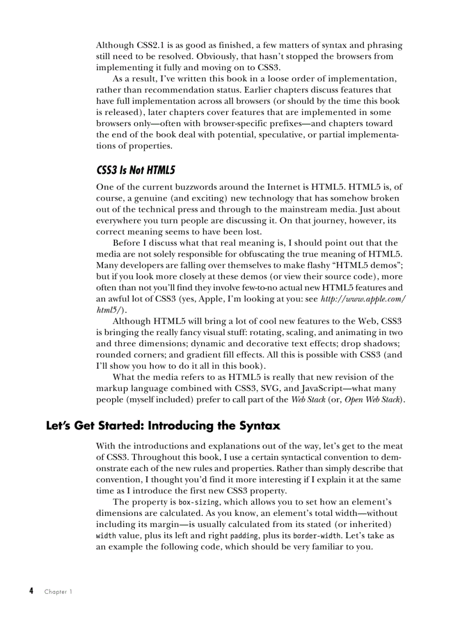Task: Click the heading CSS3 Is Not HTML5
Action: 135,170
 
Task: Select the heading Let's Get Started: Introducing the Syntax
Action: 163,426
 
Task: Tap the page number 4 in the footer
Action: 32,591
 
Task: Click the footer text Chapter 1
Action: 58,592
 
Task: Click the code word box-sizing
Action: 198,502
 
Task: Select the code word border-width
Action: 312,536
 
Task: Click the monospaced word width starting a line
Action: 106,536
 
